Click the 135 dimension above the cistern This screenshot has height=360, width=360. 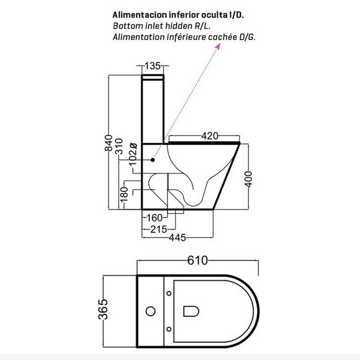tap(153, 66)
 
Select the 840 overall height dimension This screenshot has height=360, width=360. tap(109, 143)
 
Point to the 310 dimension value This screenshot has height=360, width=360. tap(119, 146)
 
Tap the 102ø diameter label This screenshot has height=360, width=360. tap(133, 154)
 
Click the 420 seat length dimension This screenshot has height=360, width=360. tap(210, 136)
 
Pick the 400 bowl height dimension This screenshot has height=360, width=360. tap(248, 179)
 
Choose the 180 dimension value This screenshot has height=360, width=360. tap(124, 194)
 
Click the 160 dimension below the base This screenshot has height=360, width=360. tap(154, 218)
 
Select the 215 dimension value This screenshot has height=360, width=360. tap(159, 229)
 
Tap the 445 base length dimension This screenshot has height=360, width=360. tap(177, 237)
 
